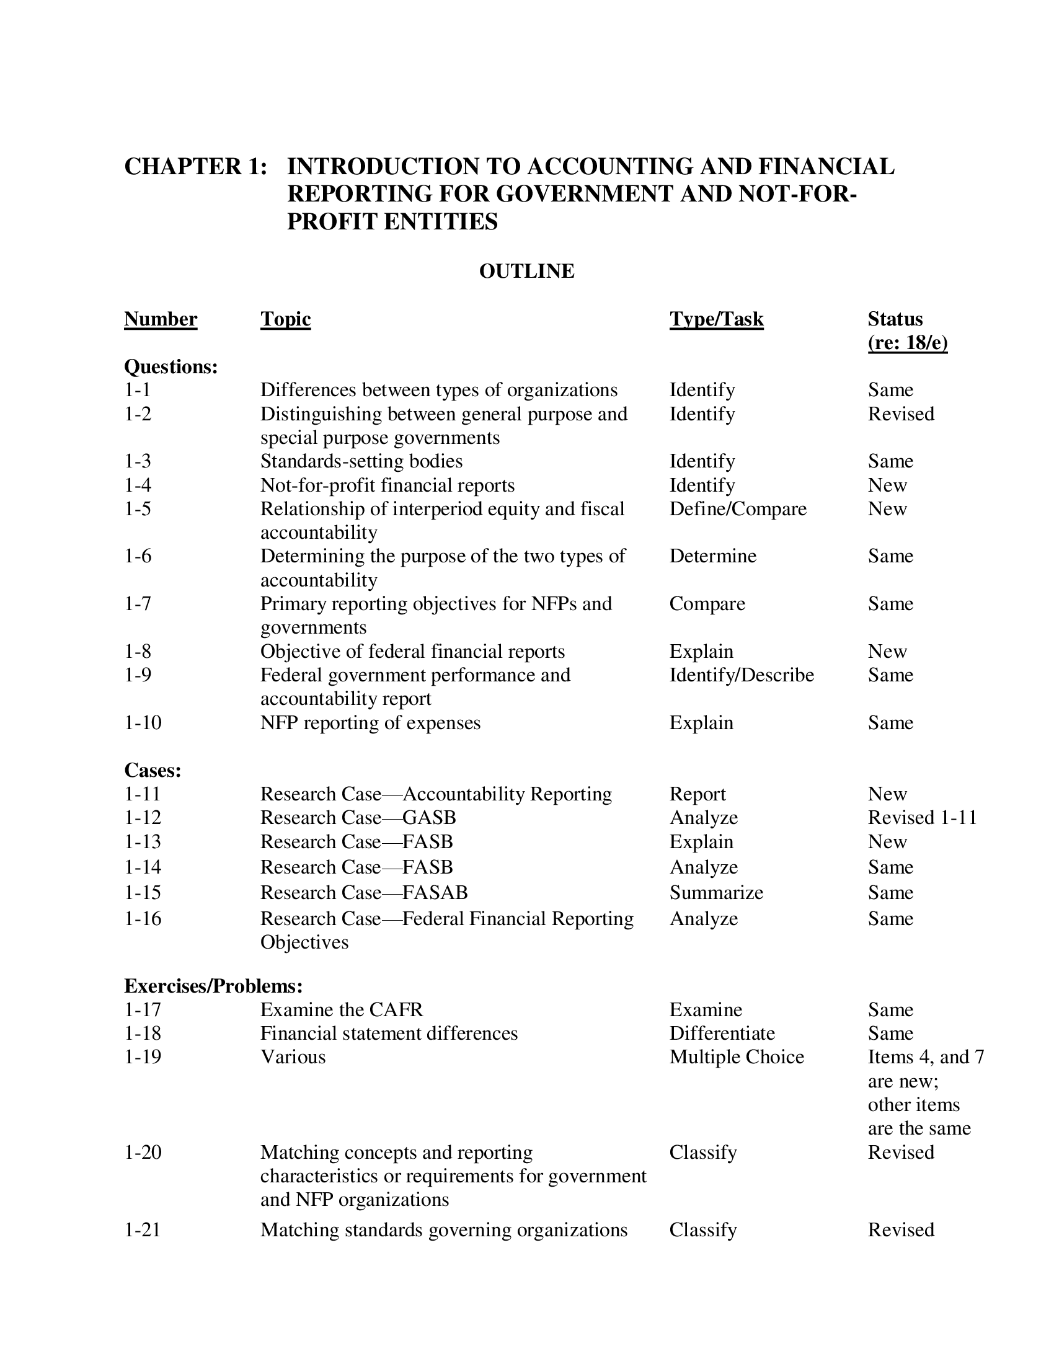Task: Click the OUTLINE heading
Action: [526, 271]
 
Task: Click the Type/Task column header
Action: [716, 319]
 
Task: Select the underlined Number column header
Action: [161, 319]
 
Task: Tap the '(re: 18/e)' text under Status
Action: [907, 343]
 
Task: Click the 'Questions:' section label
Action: [171, 366]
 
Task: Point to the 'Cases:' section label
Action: [153, 770]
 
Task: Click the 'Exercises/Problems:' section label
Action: [213, 986]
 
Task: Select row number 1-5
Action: [138, 509]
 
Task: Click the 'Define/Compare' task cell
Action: [738, 509]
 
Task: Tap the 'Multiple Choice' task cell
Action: [737, 1056]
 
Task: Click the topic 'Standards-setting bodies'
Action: [361, 461]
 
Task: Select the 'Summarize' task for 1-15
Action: [716, 892]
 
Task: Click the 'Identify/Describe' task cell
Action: [742, 675]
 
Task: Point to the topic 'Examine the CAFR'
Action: [342, 1009]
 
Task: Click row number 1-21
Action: [143, 1229]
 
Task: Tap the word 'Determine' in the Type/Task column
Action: [712, 556]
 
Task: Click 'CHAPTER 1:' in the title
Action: [195, 166]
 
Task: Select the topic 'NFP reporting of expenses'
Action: [370, 722]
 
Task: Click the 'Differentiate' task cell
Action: [722, 1033]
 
